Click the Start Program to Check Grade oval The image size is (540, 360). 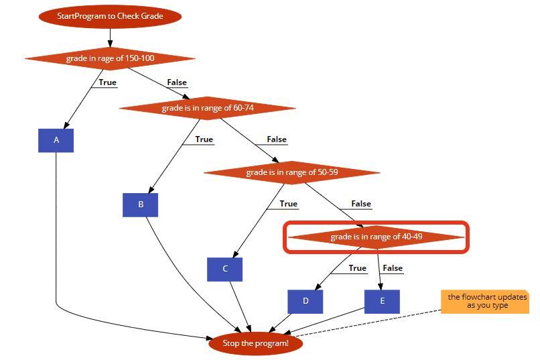tap(110, 16)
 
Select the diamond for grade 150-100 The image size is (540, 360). tap(110, 58)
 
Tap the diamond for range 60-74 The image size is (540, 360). tap(208, 108)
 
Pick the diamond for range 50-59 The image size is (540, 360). tap(292, 172)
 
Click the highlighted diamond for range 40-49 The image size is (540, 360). tap(376, 237)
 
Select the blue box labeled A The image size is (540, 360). tap(56, 141)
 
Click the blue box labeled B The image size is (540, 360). tap(141, 204)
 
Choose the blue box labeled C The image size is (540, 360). tap(225, 269)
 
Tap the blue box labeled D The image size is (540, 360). tap(306, 301)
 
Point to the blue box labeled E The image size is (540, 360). tap(383, 301)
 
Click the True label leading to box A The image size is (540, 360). tap(107, 82)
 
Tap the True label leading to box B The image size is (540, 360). tap(204, 139)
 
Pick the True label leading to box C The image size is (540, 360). tap(288, 204)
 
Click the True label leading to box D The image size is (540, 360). tap(357, 268)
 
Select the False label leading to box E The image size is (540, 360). tap(392, 268)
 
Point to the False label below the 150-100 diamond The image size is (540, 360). tap(177, 82)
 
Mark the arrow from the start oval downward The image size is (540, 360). tap(110, 37)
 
